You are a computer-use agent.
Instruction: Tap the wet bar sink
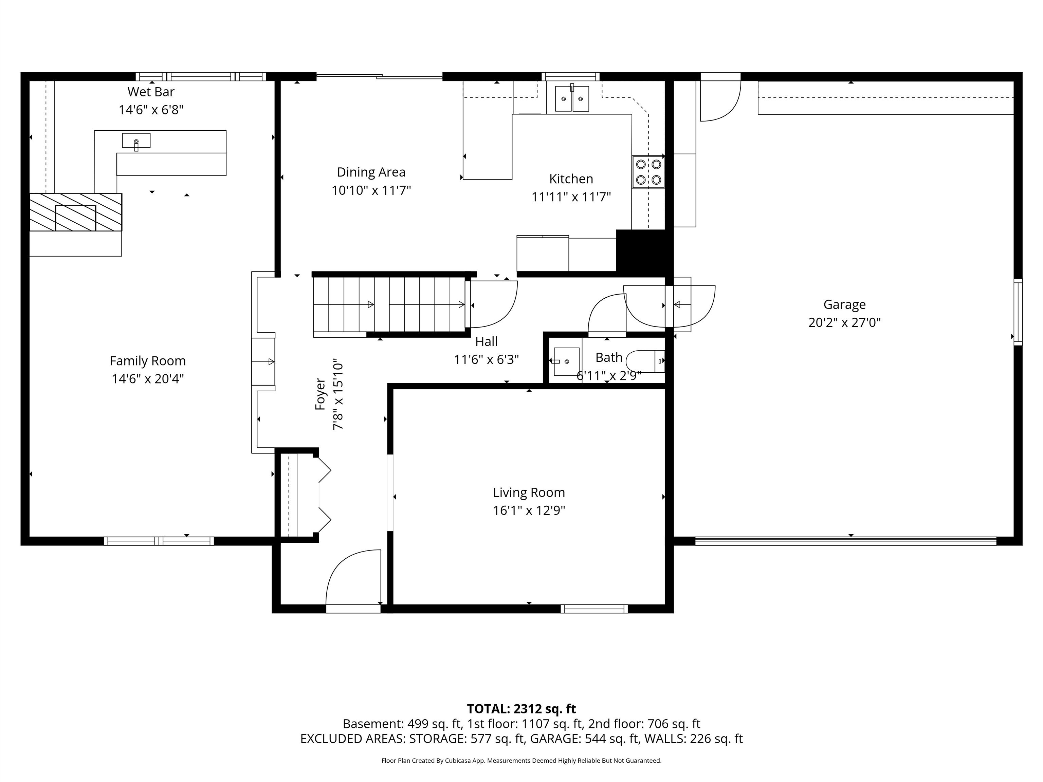click(x=136, y=141)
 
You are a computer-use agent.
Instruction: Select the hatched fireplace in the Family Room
click(x=75, y=212)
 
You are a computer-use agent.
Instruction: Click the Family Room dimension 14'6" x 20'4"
click(x=148, y=378)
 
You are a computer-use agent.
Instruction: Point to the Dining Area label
click(x=371, y=172)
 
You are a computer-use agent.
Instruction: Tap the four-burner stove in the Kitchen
click(x=648, y=172)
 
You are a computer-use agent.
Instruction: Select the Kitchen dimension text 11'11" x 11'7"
click(x=571, y=197)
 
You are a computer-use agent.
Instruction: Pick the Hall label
click(x=486, y=341)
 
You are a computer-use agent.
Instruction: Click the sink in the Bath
click(x=566, y=361)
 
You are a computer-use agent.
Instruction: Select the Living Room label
click(x=529, y=492)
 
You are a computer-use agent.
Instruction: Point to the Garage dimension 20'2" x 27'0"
click(x=844, y=323)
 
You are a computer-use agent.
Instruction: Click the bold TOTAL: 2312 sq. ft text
click(x=521, y=709)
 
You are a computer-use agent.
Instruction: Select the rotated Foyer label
click(x=320, y=394)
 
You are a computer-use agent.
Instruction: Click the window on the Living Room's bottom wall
click(x=594, y=609)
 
